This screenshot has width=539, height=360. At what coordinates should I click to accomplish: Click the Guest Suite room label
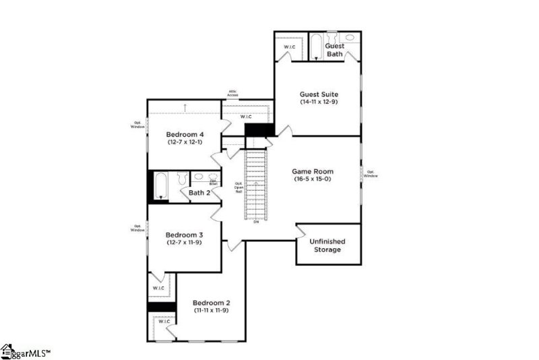tap(319, 94)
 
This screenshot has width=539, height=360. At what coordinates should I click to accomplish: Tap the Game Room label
tap(313, 171)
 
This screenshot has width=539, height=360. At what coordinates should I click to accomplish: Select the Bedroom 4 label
tap(185, 134)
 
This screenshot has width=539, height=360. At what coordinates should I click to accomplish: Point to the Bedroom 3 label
tap(185, 234)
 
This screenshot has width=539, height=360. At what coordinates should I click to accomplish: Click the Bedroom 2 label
tap(212, 303)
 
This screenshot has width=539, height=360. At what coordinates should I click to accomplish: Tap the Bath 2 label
tap(199, 193)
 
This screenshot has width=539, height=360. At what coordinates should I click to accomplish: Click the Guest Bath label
tap(335, 50)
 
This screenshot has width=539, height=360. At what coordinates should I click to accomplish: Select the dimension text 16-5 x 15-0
tap(314, 179)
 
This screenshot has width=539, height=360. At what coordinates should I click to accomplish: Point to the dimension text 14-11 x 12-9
tap(319, 102)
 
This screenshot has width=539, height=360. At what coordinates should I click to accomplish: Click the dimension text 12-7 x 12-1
tap(185, 142)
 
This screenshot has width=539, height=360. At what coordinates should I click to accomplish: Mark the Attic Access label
tap(232, 93)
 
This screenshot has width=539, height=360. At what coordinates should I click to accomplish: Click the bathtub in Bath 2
tap(160, 186)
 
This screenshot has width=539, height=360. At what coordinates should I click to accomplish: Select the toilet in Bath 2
tap(181, 179)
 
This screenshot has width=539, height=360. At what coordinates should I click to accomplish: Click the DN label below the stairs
tap(256, 222)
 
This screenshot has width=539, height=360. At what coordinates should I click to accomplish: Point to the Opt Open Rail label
tap(239, 187)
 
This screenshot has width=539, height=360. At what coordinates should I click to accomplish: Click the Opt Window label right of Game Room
tap(371, 173)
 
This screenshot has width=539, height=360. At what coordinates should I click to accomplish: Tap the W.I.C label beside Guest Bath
tap(290, 47)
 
